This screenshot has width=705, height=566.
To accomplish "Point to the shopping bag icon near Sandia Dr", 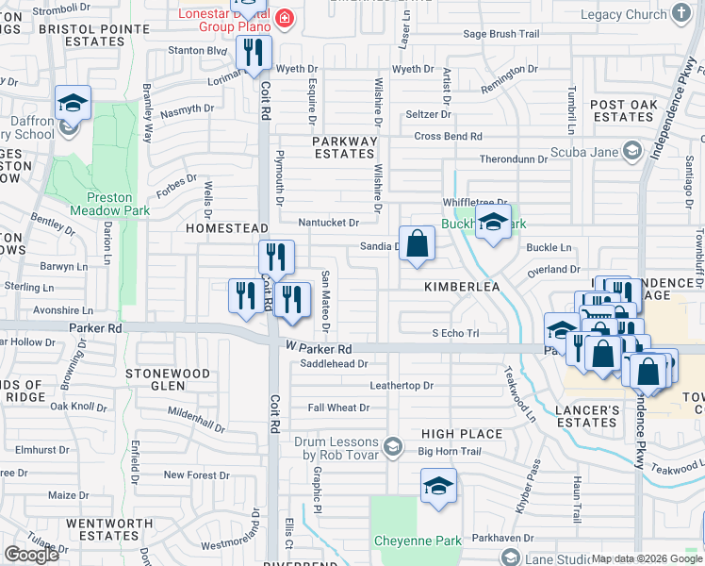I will point(418,243).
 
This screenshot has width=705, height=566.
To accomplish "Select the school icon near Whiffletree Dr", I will point(492,224).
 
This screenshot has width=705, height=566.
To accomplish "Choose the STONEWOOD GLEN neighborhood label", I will point(169,379).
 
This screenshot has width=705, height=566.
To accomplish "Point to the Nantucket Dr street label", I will point(329,223).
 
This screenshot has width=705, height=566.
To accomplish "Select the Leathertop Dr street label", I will point(401,385).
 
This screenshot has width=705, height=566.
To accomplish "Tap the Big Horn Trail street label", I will point(450,452).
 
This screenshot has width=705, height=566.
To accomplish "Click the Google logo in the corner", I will point(31,555).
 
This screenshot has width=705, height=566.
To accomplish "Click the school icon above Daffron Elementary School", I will point(72,103).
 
